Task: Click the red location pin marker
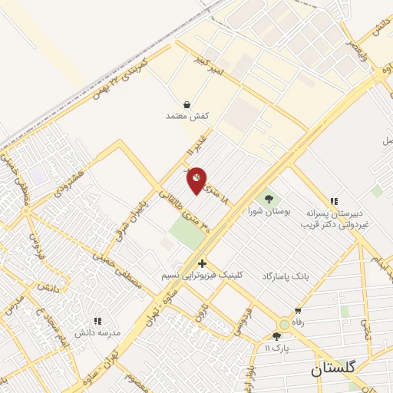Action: click(197, 180)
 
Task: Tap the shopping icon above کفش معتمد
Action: click(187, 104)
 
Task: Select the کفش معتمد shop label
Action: click(187, 116)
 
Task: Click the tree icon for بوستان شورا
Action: click(267, 198)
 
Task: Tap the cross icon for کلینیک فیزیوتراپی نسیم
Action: click(202, 263)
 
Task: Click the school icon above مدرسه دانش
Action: click(97, 321)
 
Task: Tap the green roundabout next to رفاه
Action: click(284, 325)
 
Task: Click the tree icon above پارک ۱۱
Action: click(276, 336)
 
